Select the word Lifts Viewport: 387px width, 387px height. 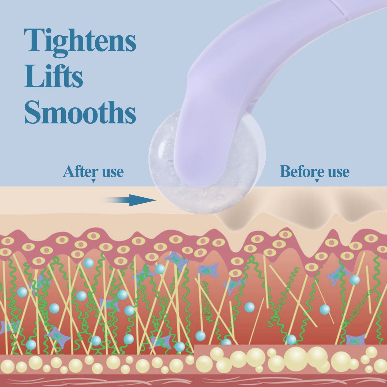pyautogui.click(x=53, y=77)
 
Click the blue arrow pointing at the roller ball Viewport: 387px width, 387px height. pyautogui.click(x=130, y=200)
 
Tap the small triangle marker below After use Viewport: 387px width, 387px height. pyautogui.click(x=93, y=181)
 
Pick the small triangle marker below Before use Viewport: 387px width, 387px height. pyautogui.click(x=317, y=181)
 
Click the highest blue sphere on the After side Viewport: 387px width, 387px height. pyautogui.click(x=88, y=263)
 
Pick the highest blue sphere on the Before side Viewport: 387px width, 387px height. pyautogui.click(x=355, y=280)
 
